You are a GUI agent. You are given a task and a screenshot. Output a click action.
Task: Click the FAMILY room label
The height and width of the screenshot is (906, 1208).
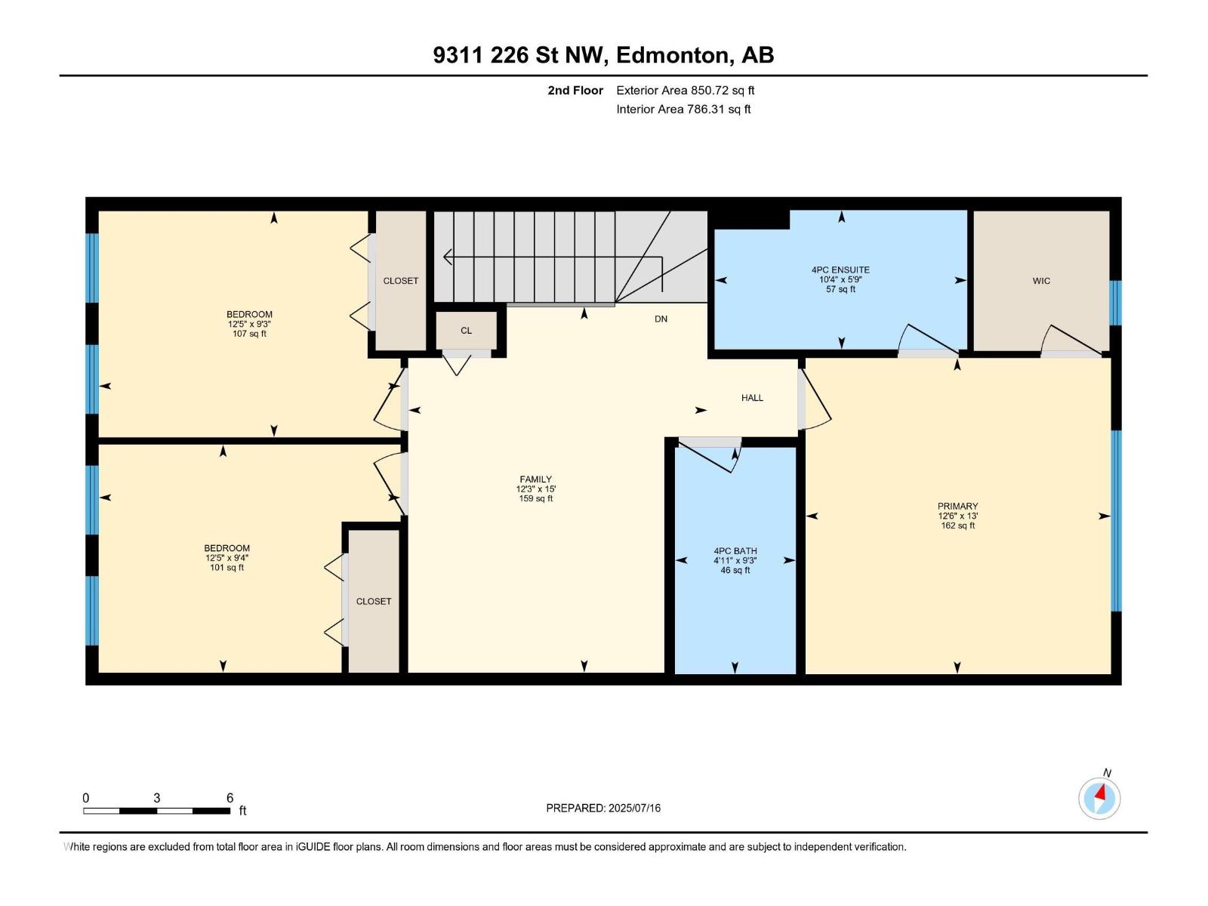(535, 479)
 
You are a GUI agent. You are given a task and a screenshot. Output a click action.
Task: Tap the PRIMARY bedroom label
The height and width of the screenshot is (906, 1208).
(957, 506)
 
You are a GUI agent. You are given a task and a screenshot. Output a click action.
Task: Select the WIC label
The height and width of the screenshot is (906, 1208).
(1041, 281)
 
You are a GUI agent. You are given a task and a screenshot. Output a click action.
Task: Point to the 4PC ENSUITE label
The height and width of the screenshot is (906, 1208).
(840, 270)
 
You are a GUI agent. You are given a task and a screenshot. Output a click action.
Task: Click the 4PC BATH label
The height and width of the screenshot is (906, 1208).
(735, 550)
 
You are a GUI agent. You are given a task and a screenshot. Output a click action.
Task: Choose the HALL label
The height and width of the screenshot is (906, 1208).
(752, 398)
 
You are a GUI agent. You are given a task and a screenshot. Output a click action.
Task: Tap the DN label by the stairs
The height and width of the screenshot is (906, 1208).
(661, 319)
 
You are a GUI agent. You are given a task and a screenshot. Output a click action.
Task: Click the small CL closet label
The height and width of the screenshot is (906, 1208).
(466, 331)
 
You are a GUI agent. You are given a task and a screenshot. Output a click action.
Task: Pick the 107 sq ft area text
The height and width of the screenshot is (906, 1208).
(249, 334)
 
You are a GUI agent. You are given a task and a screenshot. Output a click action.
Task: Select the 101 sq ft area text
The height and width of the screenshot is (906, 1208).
(226, 568)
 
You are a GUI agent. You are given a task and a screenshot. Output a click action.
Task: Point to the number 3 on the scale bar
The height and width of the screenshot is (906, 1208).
(157, 798)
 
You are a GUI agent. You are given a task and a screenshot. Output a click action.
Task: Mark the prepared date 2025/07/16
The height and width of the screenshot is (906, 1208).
(634, 808)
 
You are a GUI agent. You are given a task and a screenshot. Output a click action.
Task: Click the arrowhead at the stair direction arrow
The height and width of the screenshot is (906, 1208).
(447, 257)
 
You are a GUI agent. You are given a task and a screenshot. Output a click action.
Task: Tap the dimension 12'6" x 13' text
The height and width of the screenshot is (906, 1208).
(957, 516)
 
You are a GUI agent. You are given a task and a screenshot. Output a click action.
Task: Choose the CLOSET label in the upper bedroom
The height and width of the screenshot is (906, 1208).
(401, 281)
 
